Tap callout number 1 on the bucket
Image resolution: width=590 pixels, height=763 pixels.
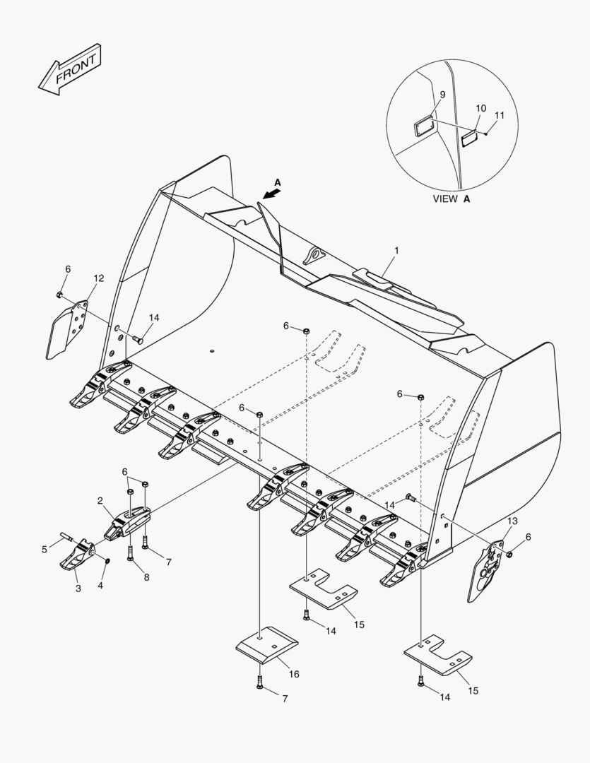396,251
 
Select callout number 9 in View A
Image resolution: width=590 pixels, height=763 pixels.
442,95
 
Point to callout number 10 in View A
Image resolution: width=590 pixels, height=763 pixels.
480,108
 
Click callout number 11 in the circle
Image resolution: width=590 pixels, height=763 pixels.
500,114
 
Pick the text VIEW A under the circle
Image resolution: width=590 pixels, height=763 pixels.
452,199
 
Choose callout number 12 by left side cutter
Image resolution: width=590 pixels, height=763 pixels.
98,278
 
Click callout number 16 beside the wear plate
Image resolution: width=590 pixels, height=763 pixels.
294,674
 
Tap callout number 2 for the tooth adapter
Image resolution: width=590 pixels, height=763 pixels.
101,501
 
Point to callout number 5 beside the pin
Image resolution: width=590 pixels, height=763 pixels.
45,548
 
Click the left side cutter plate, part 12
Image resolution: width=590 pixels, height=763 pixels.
66,327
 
